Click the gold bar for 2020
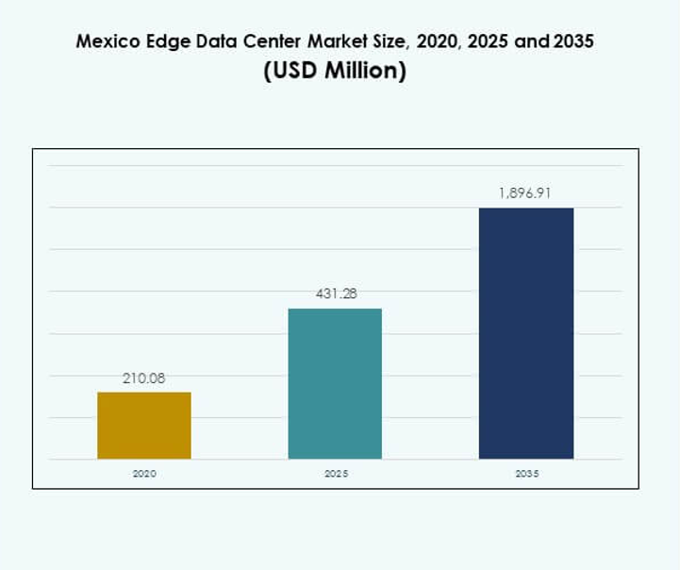point(144,426)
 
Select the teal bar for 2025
point(335,384)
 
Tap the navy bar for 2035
point(526,333)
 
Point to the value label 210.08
point(144,378)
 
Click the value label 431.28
point(335,294)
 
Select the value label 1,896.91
point(525,193)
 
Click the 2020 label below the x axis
point(144,474)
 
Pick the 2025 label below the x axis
point(335,474)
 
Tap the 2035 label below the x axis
point(526,474)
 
